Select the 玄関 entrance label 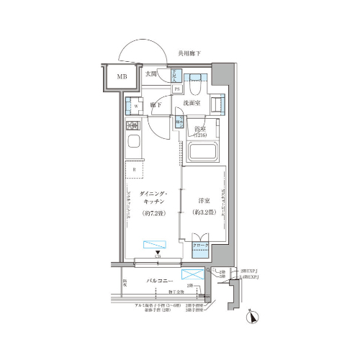(151, 74)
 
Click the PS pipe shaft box (176, 89)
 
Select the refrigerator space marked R (134, 171)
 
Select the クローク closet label (201, 246)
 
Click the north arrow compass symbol (251, 315)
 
